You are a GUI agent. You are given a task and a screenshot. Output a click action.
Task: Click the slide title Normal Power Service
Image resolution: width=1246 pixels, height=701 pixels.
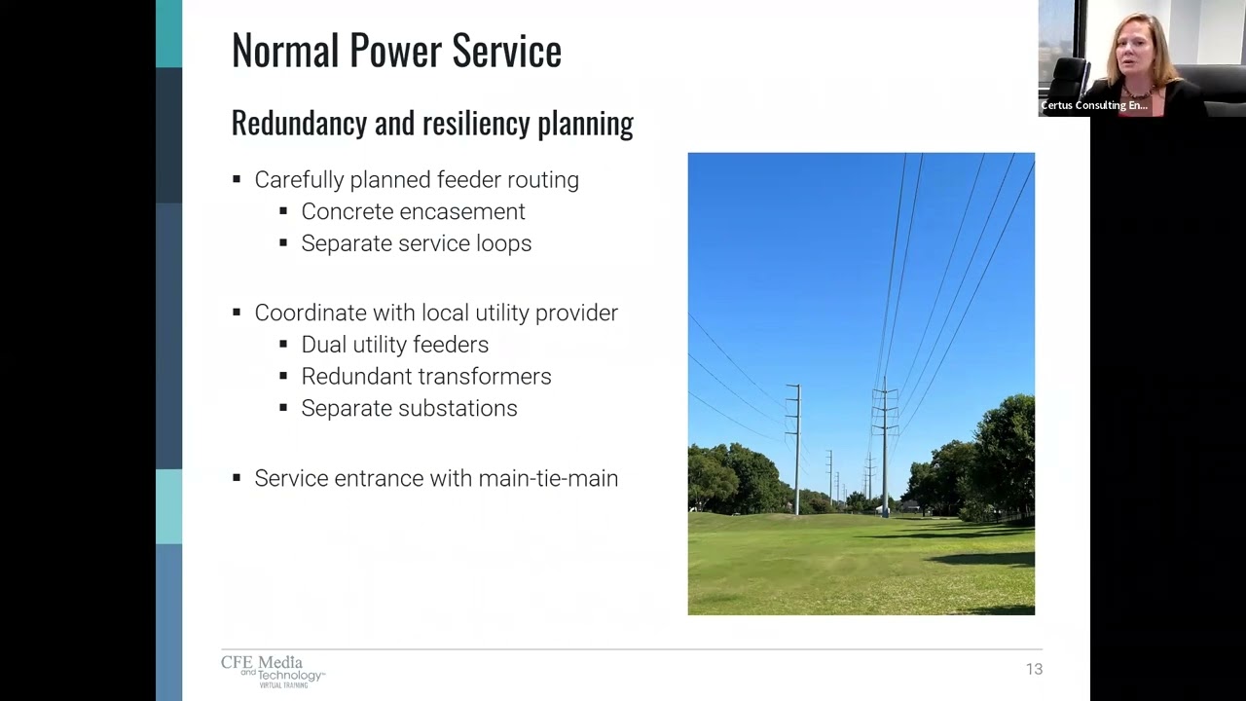(396, 51)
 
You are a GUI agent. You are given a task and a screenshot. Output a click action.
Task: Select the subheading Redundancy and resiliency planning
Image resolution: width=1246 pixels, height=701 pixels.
(432, 124)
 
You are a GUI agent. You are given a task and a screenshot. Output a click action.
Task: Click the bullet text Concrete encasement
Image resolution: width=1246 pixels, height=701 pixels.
(413, 211)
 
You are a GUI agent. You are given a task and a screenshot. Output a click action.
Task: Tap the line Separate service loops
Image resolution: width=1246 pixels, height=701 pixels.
(416, 243)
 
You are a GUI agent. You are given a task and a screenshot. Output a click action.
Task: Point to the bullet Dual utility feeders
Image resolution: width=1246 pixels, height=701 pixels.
(394, 345)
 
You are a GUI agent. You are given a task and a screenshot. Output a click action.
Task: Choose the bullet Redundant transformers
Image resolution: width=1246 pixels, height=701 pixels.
(425, 377)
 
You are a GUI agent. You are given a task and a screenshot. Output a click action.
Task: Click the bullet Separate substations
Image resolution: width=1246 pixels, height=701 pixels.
(409, 408)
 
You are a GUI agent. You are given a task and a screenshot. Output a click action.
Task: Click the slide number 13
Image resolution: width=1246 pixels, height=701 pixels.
(1034, 669)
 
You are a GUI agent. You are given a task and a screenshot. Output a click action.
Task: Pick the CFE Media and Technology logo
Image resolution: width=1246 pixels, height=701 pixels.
(273, 671)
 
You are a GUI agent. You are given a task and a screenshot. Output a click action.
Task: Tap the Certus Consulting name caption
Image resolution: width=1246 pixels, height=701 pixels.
(1094, 105)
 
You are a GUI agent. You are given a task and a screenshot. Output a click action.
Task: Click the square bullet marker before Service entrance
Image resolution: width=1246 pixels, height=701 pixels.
(237, 478)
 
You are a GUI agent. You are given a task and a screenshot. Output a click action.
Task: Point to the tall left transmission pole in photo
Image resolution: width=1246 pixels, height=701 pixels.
(796, 448)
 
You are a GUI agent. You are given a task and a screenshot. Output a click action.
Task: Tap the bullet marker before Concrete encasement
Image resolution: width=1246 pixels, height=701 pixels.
(283, 211)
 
